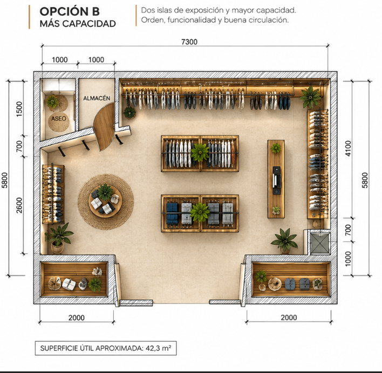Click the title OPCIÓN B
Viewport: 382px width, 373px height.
(70, 11)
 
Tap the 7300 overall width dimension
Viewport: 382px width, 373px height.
(189, 42)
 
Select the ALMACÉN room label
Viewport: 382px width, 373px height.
(97, 98)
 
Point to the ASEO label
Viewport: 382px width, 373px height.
(58, 119)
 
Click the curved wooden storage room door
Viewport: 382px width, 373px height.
(104, 127)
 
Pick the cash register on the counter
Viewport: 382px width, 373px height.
(276, 180)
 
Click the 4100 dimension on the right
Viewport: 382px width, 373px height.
(348, 148)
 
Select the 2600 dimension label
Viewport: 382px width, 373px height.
(19, 205)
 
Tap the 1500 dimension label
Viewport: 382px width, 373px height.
(19, 109)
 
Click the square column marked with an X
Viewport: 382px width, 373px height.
(320, 243)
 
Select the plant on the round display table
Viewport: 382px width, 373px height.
(105, 192)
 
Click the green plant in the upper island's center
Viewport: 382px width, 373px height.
(200, 153)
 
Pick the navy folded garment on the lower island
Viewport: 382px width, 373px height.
(172, 213)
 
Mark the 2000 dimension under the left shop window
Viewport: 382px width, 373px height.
(76, 317)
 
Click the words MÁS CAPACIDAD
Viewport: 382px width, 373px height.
(78, 24)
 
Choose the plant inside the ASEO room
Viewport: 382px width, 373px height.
(52, 101)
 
